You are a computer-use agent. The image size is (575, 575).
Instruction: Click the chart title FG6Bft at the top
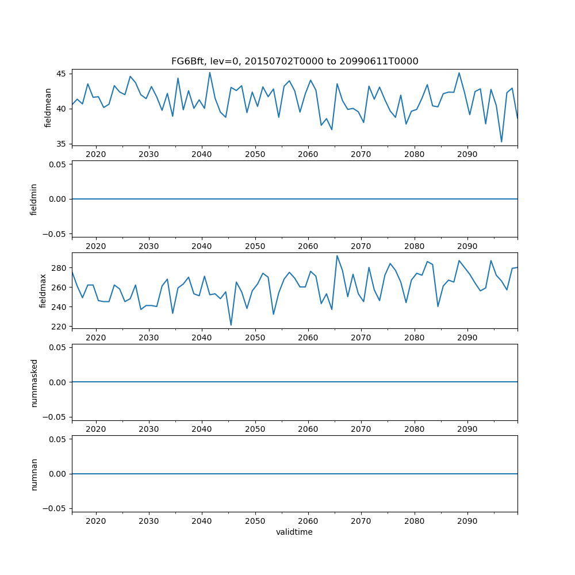[294, 61]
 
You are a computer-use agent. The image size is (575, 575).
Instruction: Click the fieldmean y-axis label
[48, 108]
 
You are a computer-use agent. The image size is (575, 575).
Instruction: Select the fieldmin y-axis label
[33, 199]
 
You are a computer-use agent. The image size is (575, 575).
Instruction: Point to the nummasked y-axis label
[33, 382]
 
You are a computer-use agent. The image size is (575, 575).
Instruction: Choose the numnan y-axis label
[33, 474]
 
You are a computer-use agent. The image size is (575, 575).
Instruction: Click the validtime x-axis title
[294, 532]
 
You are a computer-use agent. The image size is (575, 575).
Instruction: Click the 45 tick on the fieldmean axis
[62, 74]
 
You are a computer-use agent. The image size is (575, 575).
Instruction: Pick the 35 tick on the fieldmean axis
[62, 144]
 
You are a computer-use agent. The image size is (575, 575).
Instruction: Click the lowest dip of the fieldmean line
[501, 142]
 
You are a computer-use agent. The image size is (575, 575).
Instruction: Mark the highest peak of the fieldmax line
[337, 256]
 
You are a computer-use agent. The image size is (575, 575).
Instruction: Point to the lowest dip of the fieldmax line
[231, 325]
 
